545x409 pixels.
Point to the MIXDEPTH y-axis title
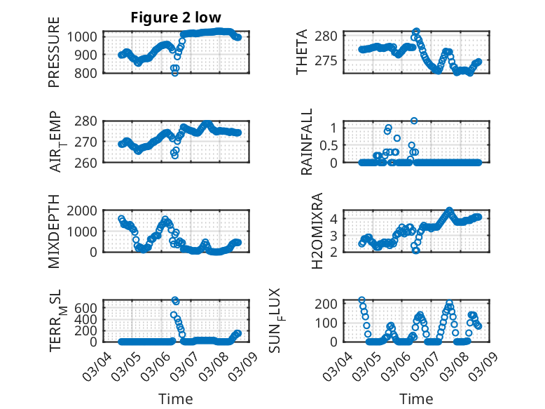pos(54,232)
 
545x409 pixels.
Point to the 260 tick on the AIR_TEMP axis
pos(88,162)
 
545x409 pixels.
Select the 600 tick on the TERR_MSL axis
pos(88,307)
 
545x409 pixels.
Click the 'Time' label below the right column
pos(416,398)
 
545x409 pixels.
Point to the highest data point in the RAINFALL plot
pos(414,121)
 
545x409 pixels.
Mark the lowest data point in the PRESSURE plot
pos(174,73)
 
